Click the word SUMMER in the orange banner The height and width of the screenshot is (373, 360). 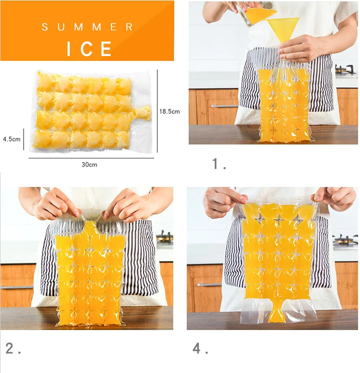click(87, 27)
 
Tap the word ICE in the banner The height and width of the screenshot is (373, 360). click(89, 49)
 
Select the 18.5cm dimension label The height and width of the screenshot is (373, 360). click(169, 111)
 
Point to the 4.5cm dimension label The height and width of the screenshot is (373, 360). click(12, 139)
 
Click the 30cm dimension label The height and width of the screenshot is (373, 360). click(89, 165)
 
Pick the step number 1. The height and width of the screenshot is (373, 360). click(219, 164)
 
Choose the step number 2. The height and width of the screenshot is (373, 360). click(13, 348)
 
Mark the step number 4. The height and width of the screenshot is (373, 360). click(200, 348)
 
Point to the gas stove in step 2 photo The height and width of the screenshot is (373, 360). click(165, 237)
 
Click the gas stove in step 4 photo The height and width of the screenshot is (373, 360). click(346, 239)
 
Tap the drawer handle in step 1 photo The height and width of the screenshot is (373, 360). click(224, 106)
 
